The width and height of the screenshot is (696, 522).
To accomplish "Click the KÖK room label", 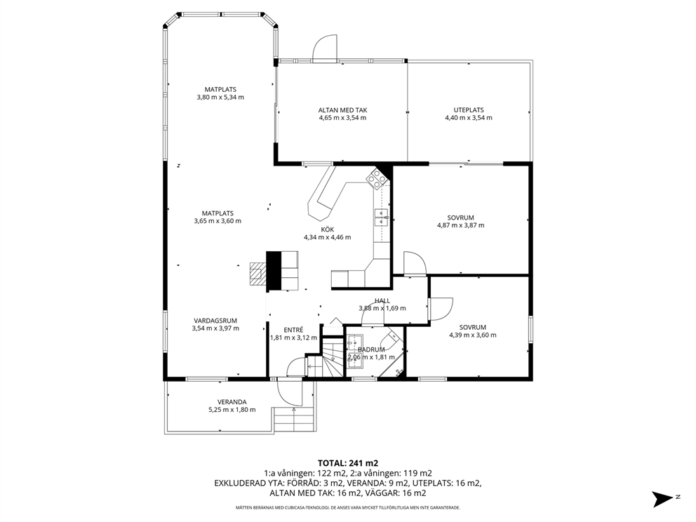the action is pyautogui.click(x=328, y=229).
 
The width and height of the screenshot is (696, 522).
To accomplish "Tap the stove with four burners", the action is pyautogui.click(x=377, y=178).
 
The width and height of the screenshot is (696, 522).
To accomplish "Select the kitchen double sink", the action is pyautogui.click(x=382, y=217).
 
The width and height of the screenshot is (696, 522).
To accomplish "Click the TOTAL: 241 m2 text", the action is pyautogui.click(x=348, y=463).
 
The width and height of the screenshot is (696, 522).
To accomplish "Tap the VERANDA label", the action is pyautogui.click(x=232, y=402).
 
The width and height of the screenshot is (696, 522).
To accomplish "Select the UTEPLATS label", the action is pyautogui.click(x=468, y=110).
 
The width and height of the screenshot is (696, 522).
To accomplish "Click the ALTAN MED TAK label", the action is pyautogui.click(x=342, y=110).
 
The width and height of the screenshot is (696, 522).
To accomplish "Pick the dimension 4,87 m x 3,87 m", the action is pyautogui.click(x=461, y=225).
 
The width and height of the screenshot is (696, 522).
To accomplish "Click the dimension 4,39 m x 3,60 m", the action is pyautogui.click(x=473, y=335).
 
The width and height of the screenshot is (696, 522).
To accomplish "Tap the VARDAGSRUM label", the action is pyautogui.click(x=215, y=321).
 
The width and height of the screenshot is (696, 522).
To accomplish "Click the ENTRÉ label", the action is pyautogui.click(x=293, y=330).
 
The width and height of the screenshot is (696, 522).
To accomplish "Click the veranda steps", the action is pyautogui.click(x=294, y=420).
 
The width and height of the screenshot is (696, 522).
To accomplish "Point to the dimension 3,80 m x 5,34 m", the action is pyautogui.click(x=220, y=98).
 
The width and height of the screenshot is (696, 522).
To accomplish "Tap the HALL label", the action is pyautogui.click(x=382, y=300).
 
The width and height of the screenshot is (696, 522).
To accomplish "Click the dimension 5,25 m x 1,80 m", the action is pyautogui.click(x=232, y=410).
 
